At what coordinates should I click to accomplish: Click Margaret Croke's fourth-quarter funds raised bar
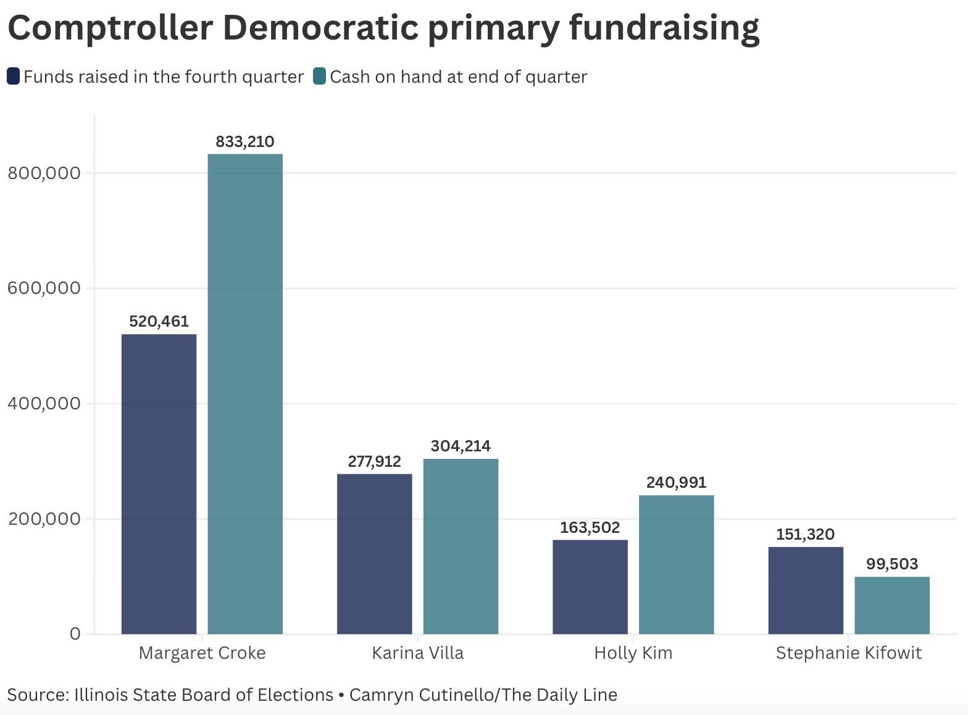159,483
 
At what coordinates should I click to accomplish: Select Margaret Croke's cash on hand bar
245,394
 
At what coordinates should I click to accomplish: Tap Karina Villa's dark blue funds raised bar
375,553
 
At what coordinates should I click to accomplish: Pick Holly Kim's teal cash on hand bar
677,564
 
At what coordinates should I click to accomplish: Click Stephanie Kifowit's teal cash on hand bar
892,605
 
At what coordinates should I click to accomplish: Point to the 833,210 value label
245,141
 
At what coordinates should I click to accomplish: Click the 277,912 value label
375,461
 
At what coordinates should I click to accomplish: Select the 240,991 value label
677,482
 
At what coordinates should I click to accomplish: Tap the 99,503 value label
892,564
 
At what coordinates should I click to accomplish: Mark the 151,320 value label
805,534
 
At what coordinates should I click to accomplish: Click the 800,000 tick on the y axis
44,174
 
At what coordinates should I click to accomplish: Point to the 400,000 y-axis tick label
44,403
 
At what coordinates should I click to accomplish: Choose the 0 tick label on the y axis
75,634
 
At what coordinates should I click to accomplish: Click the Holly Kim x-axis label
633,653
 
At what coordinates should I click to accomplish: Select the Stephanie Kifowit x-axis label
849,653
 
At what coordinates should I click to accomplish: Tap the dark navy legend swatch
14,76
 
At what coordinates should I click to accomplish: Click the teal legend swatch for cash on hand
319,76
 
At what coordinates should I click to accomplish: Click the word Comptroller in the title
111,28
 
